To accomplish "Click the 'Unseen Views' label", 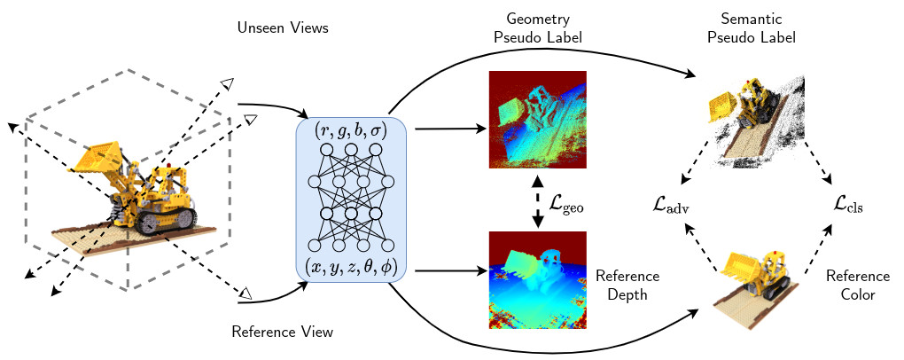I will pos(283,29).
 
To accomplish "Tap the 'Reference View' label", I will pos(282,333).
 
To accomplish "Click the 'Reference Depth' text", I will pos(627,286).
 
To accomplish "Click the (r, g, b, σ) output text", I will pos(351,130).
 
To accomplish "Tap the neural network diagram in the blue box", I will pos(351,200).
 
